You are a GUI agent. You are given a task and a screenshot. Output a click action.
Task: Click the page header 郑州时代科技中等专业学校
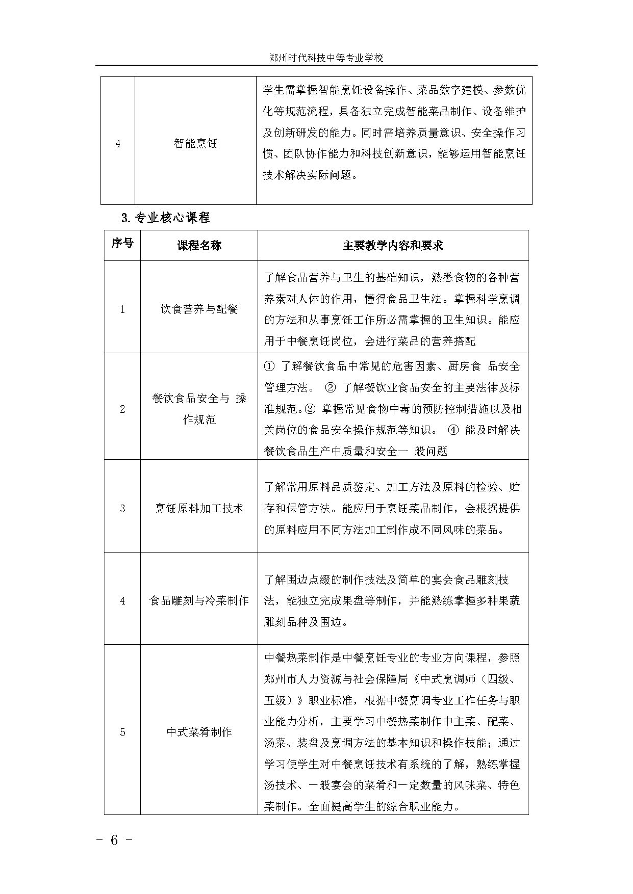click(x=326, y=58)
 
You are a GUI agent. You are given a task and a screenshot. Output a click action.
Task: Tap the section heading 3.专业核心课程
click(x=166, y=218)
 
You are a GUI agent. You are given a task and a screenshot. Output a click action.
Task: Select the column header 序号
click(x=122, y=244)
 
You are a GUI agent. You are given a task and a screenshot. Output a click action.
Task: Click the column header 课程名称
click(x=199, y=246)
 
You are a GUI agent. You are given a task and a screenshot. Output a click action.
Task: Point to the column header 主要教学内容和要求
click(x=393, y=246)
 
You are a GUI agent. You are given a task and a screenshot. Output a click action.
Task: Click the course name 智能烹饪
click(x=195, y=144)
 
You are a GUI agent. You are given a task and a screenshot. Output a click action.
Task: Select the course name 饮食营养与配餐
click(x=199, y=309)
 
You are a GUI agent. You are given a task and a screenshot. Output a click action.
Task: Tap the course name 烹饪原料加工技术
click(x=199, y=508)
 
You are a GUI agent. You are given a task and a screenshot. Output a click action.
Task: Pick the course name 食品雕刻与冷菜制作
click(x=199, y=600)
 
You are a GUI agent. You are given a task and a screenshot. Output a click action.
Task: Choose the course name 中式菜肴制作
click(x=199, y=732)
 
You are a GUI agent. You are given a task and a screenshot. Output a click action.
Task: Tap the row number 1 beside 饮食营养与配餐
click(x=122, y=309)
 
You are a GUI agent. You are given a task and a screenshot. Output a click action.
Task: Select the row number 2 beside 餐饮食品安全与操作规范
click(x=122, y=409)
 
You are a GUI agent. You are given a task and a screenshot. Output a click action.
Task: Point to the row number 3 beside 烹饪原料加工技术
click(x=122, y=509)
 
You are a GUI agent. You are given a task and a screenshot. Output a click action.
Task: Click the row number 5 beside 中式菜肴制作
click(x=122, y=732)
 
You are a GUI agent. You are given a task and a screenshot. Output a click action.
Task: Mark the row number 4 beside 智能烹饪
click(x=118, y=144)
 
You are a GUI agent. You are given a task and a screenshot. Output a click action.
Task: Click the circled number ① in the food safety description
click(x=270, y=366)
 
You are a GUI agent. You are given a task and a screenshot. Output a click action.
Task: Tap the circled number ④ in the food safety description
click(x=453, y=430)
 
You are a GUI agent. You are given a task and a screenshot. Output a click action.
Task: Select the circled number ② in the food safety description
click(x=331, y=388)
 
